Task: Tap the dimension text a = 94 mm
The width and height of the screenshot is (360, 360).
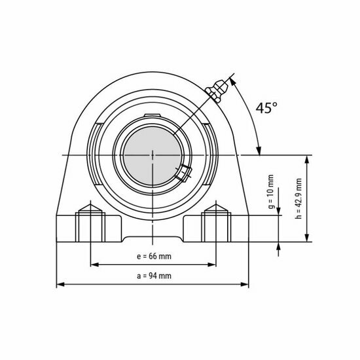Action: point(154,276)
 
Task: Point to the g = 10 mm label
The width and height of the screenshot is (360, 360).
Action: point(271,190)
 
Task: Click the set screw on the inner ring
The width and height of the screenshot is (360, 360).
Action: point(181,173)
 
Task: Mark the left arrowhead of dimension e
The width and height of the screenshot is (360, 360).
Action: point(92,264)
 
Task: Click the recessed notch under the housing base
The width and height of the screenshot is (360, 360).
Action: point(153,236)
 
